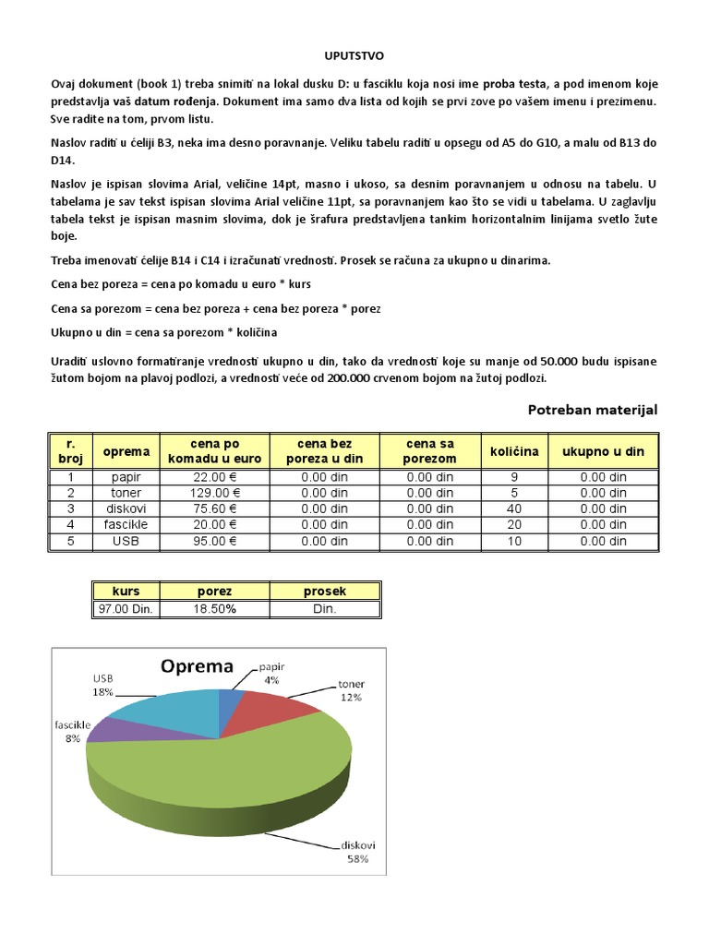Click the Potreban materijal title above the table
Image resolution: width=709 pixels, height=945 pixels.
(x=592, y=410)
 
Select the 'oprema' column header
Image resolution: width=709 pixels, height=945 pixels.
(x=126, y=451)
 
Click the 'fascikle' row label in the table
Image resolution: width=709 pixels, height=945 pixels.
(x=126, y=524)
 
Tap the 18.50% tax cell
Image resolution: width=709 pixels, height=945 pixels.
(x=215, y=609)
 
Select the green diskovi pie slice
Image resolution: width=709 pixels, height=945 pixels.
(x=231, y=775)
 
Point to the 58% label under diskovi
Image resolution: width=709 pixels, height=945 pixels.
(x=357, y=859)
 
